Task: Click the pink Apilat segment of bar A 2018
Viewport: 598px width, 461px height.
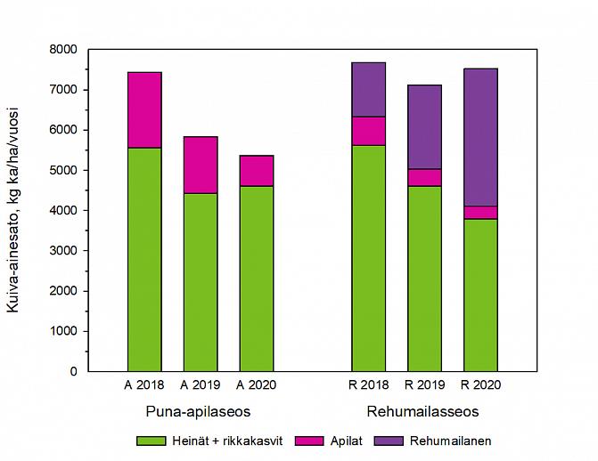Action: pyautogui.click(x=144, y=109)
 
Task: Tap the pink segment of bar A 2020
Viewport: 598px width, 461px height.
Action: pyautogui.click(x=257, y=171)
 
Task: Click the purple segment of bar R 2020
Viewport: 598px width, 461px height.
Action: pyautogui.click(x=480, y=137)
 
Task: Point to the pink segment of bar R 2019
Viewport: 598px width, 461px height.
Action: pyautogui.click(x=424, y=177)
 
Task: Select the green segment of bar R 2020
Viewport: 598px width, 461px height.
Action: pyautogui.click(x=480, y=295)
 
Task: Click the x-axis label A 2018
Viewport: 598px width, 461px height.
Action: pyautogui.click(x=144, y=385)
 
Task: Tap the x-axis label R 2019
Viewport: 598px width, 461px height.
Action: pyautogui.click(x=424, y=385)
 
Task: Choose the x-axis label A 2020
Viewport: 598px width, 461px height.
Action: pyautogui.click(x=257, y=385)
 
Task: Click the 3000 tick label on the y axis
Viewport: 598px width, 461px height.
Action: pyautogui.click(x=65, y=251)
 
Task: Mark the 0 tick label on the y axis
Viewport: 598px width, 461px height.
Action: pyautogui.click(x=73, y=371)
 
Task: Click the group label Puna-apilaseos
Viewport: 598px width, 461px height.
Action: pyautogui.click(x=198, y=411)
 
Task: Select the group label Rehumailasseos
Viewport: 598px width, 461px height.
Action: pyautogui.click(x=422, y=411)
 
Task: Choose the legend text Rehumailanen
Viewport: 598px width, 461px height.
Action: pyautogui.click(x=458, y=441)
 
